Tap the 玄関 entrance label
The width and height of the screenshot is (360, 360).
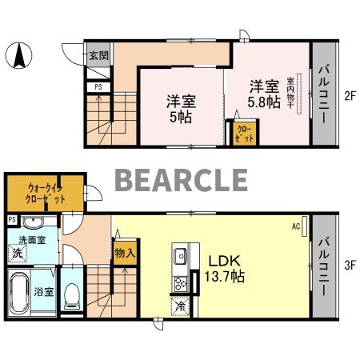click(98, 56)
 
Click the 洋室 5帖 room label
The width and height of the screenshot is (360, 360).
click(182, 108)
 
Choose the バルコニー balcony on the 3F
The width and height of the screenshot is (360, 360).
click(325, 265)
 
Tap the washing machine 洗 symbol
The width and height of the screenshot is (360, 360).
click(18, 254)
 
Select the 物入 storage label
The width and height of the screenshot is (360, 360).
click(124, 253)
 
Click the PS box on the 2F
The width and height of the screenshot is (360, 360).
click(98, 86)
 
